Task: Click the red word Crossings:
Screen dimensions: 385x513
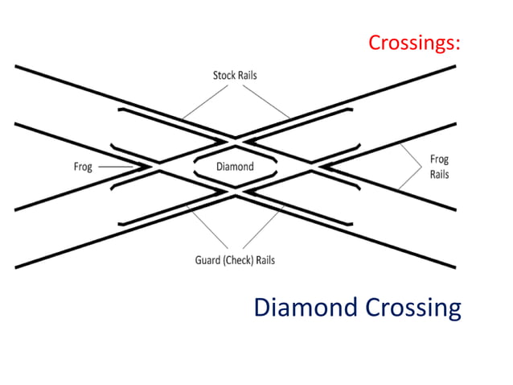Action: [x=415, y=42]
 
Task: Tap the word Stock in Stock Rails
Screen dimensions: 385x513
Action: [x=224, y=76]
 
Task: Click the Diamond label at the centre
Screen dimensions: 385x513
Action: [x=236, y=167]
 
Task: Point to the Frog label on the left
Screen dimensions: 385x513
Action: [x=83, y=167]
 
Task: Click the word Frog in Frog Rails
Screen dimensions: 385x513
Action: [x=439, y=159]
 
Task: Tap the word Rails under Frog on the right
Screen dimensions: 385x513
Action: [x=439, y=174]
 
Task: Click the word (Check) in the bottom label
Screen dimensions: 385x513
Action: [x=244, y=260]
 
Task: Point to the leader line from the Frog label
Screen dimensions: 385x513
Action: [x=117, y=167]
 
